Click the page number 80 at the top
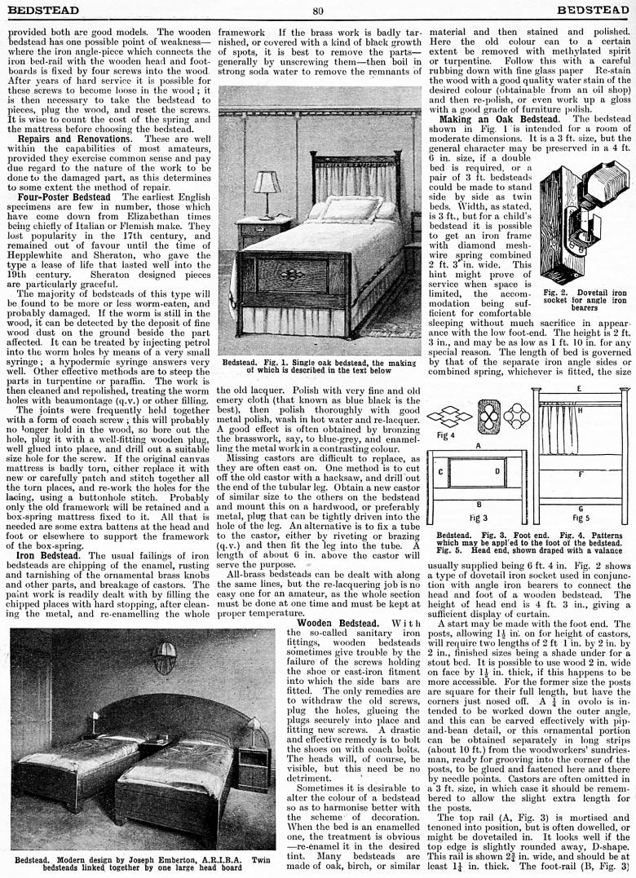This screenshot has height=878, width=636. coord(318,11)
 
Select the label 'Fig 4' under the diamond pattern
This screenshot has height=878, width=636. coord(446,435)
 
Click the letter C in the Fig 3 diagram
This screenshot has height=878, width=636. coord(441,472)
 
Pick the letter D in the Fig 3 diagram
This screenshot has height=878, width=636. coord(497,471)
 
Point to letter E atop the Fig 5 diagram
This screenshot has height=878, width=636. coord(579,389)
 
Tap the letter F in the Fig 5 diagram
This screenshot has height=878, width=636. coord(580,473)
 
